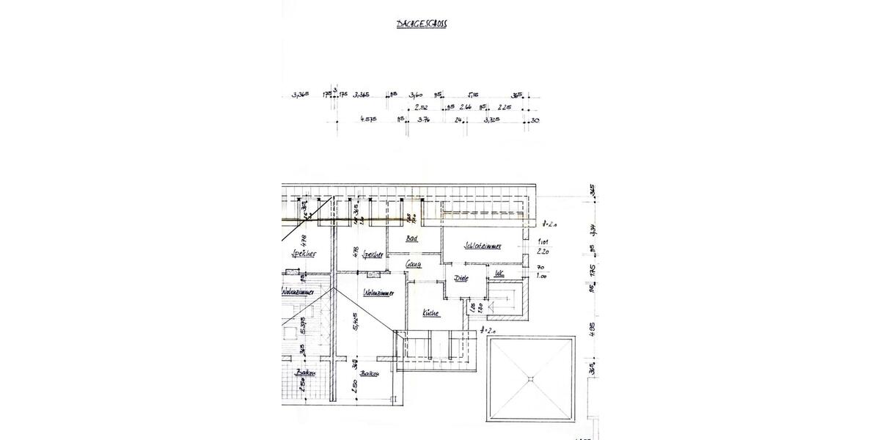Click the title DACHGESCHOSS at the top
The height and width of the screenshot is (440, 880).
(422, 24)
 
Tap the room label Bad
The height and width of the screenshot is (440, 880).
(411, 240)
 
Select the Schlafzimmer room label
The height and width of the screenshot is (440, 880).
(482, 247)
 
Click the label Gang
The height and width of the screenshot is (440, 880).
(414, 265)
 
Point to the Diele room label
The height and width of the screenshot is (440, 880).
(461, 279)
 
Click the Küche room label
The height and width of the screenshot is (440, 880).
(431, 314)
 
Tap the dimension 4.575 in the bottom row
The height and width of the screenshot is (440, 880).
(368, 119)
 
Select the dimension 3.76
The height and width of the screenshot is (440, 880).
(423, 119)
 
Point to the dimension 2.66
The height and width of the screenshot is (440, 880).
(465, 107)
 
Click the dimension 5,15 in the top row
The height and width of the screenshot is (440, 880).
(473, 95)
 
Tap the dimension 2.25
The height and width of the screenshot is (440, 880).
(503, 107)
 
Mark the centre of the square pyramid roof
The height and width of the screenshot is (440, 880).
(530, 378)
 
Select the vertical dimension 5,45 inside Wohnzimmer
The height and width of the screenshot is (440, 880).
(354, 320)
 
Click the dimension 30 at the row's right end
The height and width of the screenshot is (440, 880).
(535, 120)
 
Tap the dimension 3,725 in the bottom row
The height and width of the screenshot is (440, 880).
(492, 119)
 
